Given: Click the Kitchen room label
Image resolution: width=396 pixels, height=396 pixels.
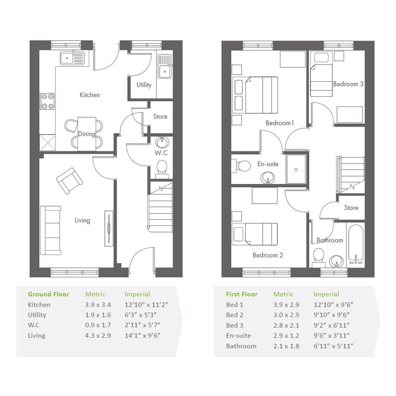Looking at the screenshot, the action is [90, 95].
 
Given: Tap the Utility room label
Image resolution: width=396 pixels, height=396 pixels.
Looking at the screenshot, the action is [144, 85].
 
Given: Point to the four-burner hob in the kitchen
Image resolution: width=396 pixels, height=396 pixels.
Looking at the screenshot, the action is [48, 101].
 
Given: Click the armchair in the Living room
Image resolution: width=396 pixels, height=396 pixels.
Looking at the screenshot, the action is [70, 181].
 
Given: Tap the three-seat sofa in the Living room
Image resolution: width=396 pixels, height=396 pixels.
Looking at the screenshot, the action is [51, 230].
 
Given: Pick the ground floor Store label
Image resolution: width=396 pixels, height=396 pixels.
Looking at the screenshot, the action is [160, 116].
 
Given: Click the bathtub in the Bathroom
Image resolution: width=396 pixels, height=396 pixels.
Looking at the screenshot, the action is [356, 243].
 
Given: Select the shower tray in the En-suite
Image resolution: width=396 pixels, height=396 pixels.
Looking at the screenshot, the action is [296, 169].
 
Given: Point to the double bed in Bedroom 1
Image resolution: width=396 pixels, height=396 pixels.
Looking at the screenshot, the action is [255, 95].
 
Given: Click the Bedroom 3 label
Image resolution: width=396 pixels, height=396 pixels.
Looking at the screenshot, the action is [348, 84].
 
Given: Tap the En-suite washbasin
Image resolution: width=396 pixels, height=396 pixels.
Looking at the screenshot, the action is [267, 177].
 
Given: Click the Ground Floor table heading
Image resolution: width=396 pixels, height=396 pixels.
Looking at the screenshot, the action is [49, 294].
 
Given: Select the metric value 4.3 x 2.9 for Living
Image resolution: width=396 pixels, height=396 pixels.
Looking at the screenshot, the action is [98, 336].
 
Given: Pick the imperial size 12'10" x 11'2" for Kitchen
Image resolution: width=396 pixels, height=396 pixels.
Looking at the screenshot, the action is [147, 305].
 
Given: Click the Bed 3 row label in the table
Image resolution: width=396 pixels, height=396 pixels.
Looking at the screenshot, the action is [235, 326].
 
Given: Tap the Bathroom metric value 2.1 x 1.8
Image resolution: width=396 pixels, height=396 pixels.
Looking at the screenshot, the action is [286, 346].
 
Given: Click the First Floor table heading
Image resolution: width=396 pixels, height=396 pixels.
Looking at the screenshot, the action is [242, 294].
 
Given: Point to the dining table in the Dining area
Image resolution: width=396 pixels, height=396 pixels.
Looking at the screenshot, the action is [87, 134].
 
